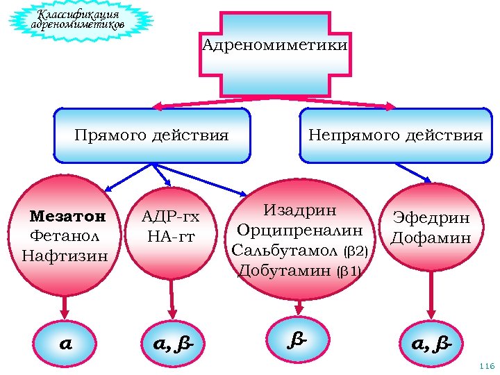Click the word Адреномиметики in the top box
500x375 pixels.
coord(275,46)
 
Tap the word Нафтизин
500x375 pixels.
coord(65,256)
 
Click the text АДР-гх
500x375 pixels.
coord(170,217)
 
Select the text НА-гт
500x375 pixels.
coord(171,237)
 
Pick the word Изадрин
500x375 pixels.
coord(300,210)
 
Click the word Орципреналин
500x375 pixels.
coord(299,230)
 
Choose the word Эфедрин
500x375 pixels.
coord(431,218)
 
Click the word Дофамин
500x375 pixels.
coord(431,238)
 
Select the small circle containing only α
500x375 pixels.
coord(65,343)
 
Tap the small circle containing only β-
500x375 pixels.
coord(298,338)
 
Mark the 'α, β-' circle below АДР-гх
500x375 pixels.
coord(172,343)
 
